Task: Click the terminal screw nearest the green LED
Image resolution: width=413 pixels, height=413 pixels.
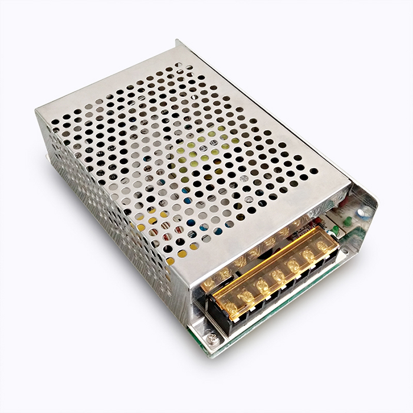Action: [x=323, y=246]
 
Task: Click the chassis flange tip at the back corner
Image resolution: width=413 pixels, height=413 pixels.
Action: [x=178, y=42]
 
